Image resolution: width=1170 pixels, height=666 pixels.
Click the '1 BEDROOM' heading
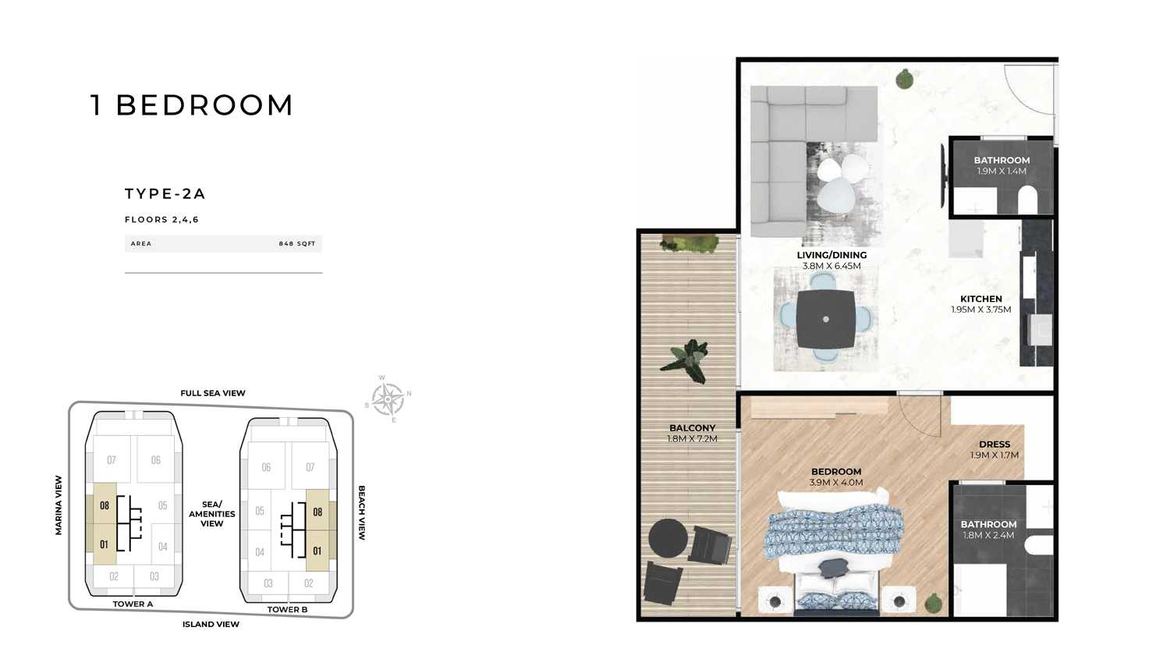pyautogui.click(x=191, y=105)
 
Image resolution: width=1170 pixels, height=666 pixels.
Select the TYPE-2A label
pyautogui.click(x=165, y=193)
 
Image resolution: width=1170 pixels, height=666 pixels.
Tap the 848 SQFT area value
pyautogui.click(x=296, y=243)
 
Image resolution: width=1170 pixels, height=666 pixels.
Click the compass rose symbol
pyautogui.click(x=388, y=399)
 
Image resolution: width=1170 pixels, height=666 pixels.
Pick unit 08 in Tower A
pyautogui.click(x=105, y=505)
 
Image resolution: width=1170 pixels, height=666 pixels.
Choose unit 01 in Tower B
pyautogui.click(x=317, y=551)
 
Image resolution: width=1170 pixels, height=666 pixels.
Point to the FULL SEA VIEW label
pyautogui.click(x=213, y=393)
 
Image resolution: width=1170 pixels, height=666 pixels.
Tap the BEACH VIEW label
pyautogui.click(x=361, y=512)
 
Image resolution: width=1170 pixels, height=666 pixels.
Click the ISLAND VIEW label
pyautogui.click(x=211, y=624)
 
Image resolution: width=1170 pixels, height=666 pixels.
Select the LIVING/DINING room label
pyautogui.click(x=831, y=255)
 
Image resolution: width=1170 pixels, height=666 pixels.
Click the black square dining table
pyautogui.click(x=826, y=319)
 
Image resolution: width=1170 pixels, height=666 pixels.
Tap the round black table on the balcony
pyautogui.click(x=668, y=538)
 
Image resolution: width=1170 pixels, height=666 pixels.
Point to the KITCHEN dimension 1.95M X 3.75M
pyautogui.click(x=981, y=310)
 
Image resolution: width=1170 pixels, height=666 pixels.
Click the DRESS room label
pyautogui.click(x=994, y=445)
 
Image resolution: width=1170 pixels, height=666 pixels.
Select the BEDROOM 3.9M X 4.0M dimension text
pyautogui.click(x=835, y=483)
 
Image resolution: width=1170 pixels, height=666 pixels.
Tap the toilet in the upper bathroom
pyautogui.click(x=1027, y=199)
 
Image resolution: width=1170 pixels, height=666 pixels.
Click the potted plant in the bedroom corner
pyautogui.click(x=934, y=604)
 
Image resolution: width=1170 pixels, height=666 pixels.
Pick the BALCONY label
pyautogui.click(x=692, y=428)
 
